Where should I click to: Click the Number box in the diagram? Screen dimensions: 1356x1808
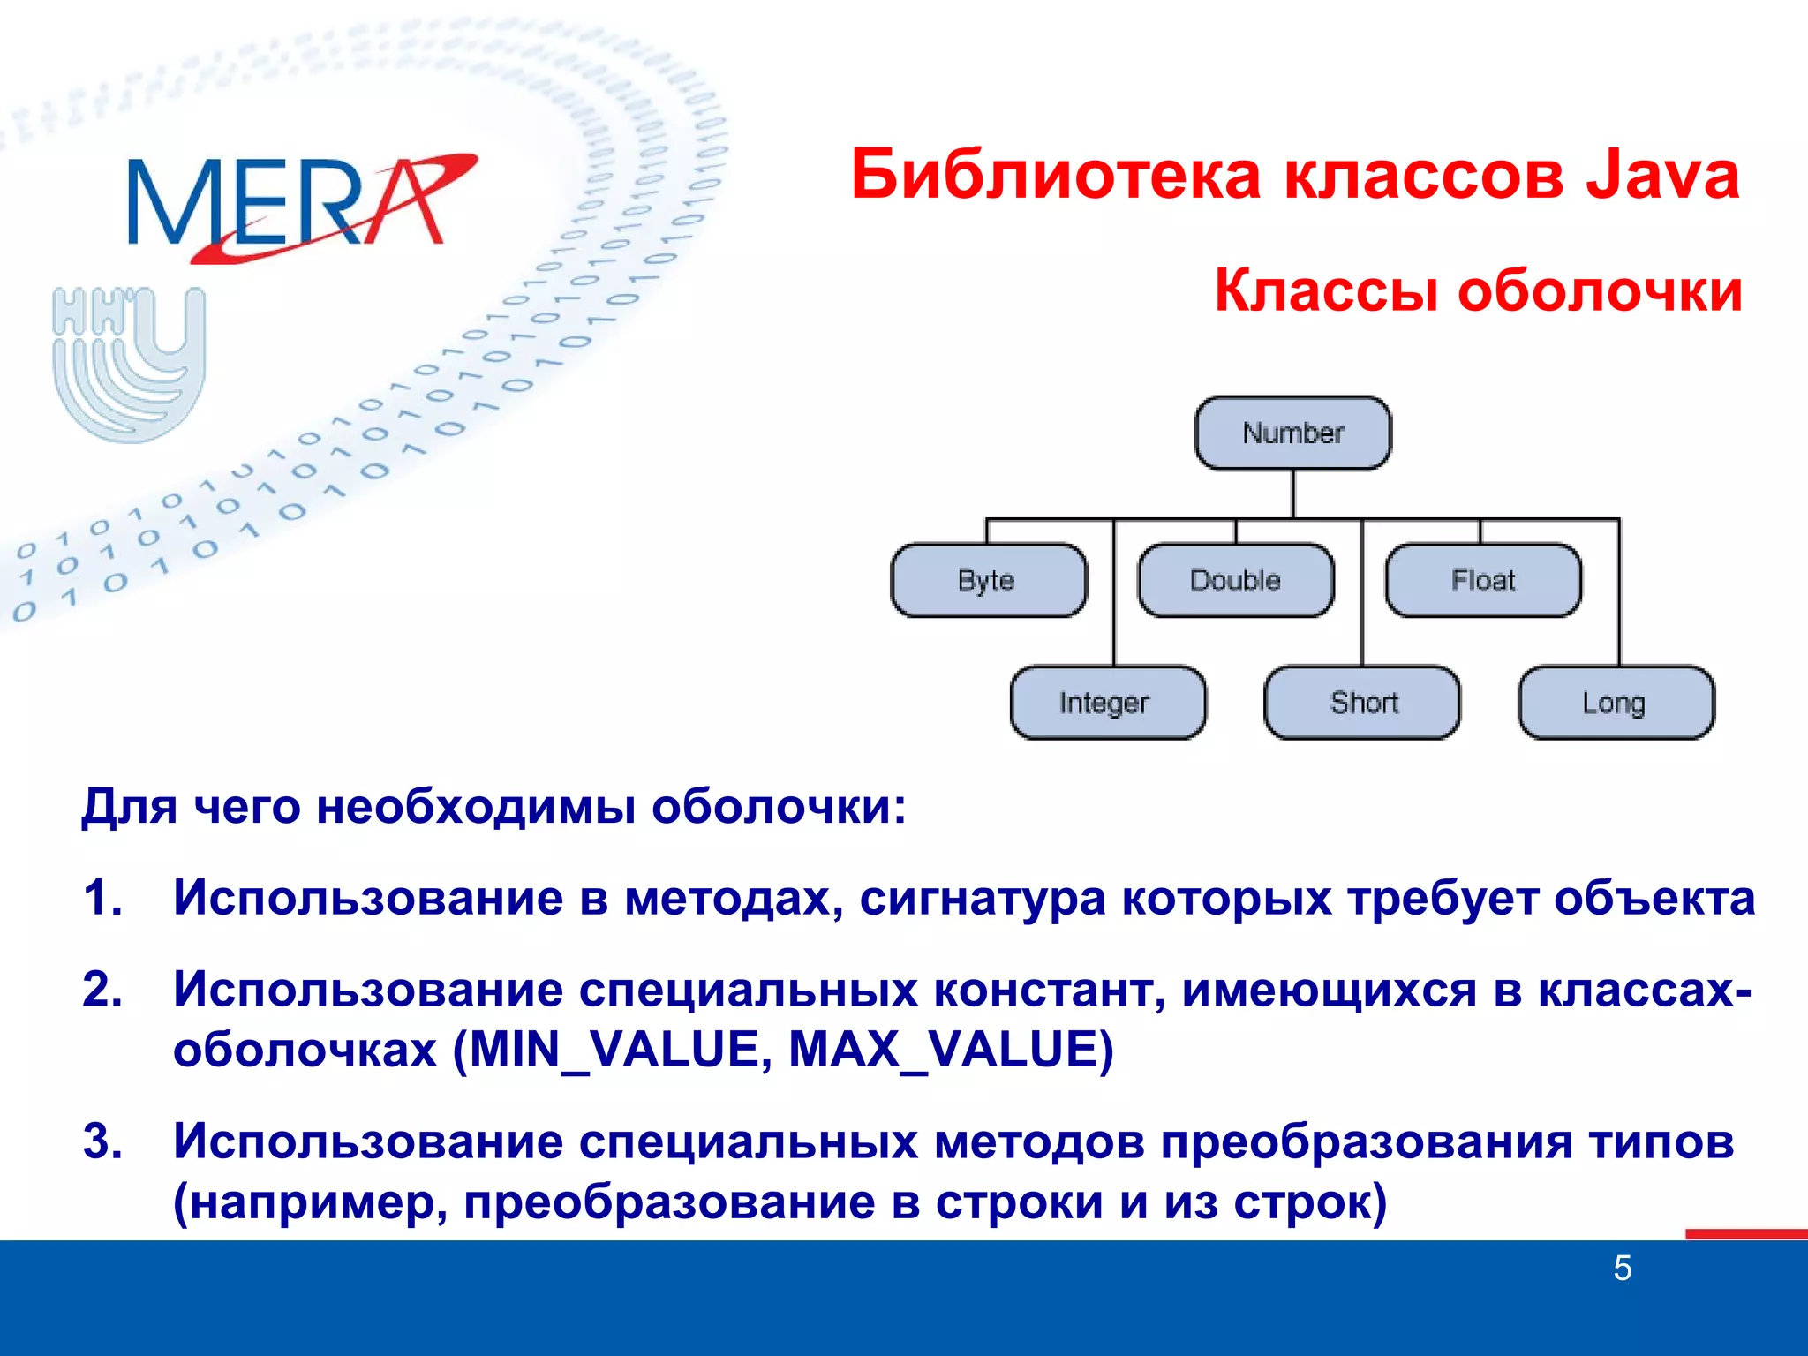tap(1292, 433)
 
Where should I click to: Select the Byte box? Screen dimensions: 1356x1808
tap(988, 580)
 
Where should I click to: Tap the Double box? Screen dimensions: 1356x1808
tap(1235, 580)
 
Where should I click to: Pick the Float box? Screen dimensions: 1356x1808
tap(1483, 580)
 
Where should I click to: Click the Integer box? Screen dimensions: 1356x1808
tap(1107, 703)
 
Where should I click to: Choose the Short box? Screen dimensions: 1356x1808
tap(1362, 703)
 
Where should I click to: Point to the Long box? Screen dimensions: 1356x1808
tap(1616, 703)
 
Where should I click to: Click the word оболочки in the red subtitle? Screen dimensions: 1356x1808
tap(1600, 290)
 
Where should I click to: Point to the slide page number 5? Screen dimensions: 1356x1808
tap(1622, 1269)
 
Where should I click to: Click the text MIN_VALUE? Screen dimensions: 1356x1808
tap(614, 1050)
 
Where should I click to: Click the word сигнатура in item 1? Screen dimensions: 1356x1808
tap(982, 898)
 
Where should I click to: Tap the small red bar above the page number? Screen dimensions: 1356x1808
tap(1745, 1233)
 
